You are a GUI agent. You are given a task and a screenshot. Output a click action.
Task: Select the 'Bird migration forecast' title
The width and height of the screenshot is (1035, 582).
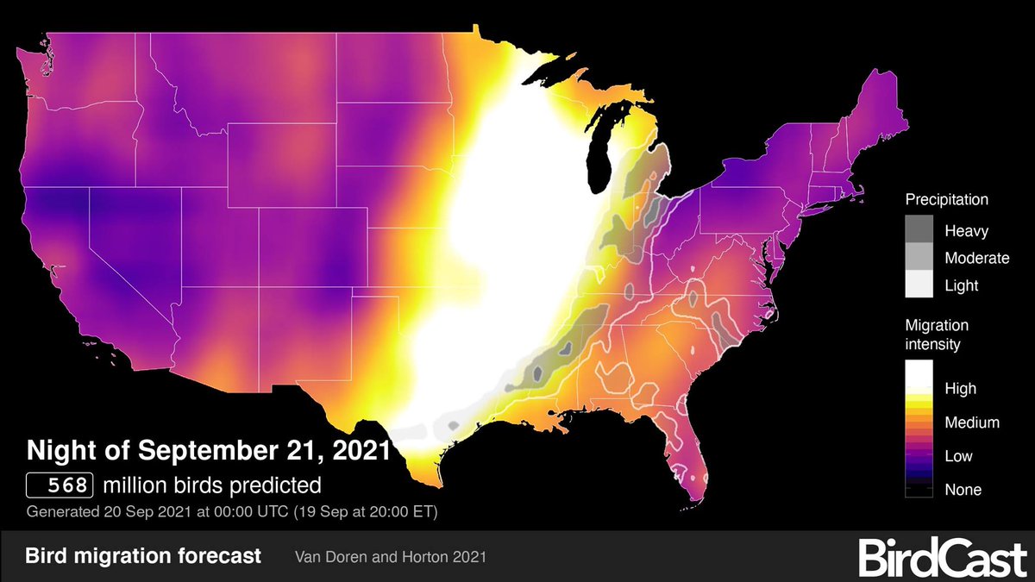click(x=142, y=555)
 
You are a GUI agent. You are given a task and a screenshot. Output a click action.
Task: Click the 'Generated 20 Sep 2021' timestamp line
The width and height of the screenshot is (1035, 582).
click(x=233, y=511)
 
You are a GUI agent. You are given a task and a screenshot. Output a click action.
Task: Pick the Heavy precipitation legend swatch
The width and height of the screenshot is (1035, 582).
click(x=919, y=230)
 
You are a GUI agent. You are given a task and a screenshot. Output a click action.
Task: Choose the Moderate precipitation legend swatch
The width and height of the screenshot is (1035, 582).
click(x=919, y=257)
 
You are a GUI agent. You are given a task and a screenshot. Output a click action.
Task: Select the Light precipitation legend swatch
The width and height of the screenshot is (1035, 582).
click(x=919, y=284)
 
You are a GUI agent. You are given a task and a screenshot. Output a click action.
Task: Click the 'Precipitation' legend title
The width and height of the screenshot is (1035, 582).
click(x=946, y=200)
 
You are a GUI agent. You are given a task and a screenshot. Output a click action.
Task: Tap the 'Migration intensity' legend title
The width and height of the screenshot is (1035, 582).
click(x=937, y=335)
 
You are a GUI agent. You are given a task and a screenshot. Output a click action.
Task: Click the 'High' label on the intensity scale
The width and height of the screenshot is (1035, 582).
click(x=960, y=389)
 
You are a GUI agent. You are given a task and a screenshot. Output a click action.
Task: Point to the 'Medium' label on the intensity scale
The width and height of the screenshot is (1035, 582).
click(x=972, y=422)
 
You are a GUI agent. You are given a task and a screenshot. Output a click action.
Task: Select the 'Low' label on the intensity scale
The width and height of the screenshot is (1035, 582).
click(x=959, y=456)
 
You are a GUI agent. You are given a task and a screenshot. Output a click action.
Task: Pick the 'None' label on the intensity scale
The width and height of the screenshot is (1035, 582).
click(x=963, y=490)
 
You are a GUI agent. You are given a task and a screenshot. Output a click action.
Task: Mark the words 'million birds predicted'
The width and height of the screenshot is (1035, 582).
click(x=211, y=485)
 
